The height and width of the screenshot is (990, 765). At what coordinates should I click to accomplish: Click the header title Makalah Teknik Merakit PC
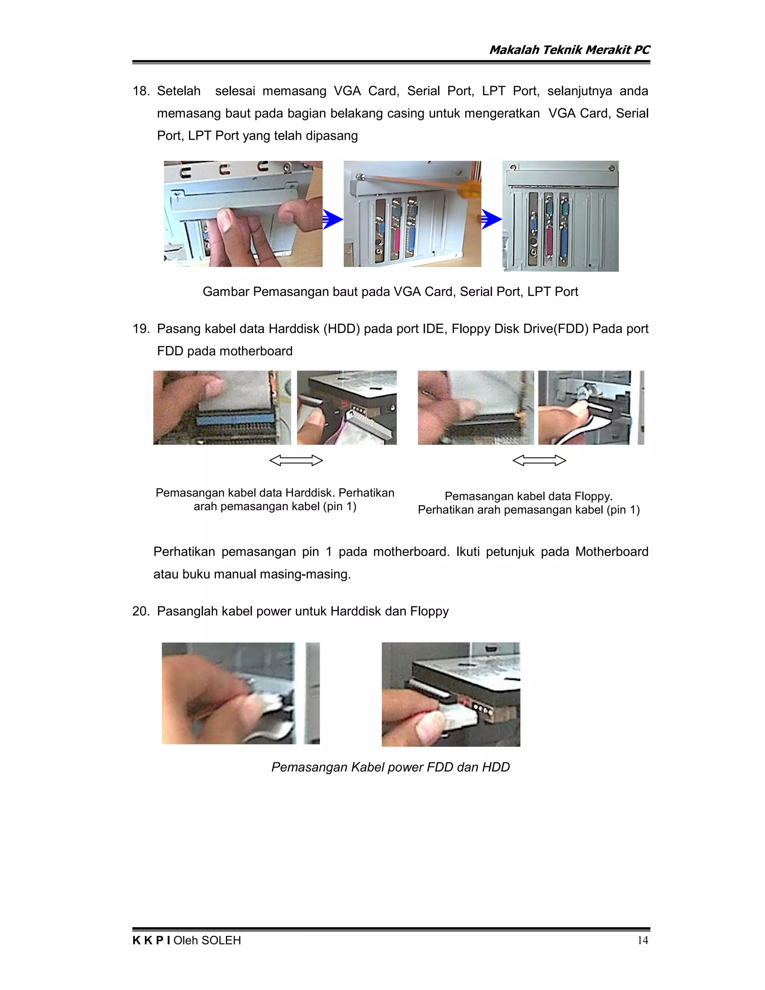coord(569,50)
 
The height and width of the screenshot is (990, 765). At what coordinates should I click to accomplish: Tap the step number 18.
coord(140,91)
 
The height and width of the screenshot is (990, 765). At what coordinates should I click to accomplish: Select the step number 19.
coord(140,329)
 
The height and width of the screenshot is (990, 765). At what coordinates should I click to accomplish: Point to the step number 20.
coord(140,611)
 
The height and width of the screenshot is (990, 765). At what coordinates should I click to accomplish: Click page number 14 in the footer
coord(642,940)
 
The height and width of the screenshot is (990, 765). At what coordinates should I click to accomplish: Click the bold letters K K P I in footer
coord(151,940)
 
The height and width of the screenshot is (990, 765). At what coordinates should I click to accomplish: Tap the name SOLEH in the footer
coord(221,940)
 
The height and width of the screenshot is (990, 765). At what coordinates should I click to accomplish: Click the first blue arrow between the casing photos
coord(333,220)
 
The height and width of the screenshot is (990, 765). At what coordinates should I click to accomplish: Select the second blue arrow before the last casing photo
coord(491,220)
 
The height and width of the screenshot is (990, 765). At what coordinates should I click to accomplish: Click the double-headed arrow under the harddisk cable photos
coord(296,461)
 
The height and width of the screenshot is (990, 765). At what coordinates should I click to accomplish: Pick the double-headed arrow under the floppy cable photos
coord(539,461)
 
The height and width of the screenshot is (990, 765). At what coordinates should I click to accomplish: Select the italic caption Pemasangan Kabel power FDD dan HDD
coord(390,767)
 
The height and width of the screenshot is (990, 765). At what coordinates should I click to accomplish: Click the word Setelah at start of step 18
coord(179,91)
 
